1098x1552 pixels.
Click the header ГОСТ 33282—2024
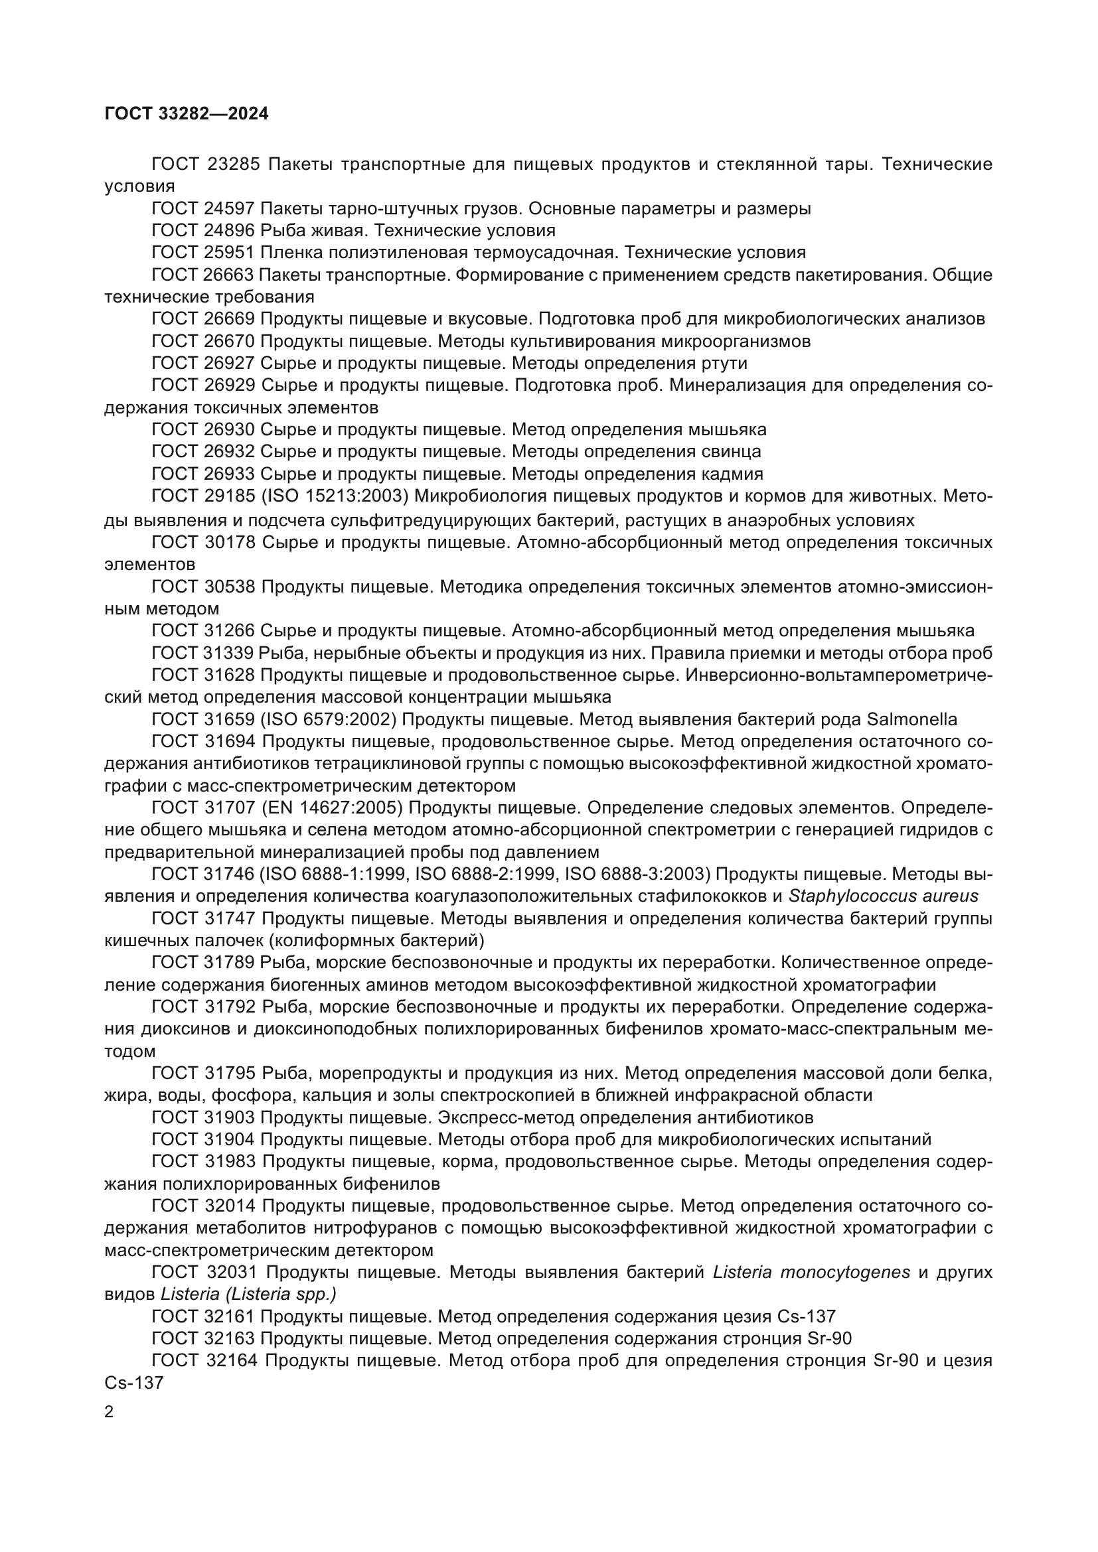(x=187, y=113)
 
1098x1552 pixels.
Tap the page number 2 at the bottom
(x=110, y=1413)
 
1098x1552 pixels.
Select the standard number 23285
(x=232, y=165)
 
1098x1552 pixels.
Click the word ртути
(x=725, y=364)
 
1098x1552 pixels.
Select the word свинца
(x=736, y=451)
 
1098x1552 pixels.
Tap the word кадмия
(x=736, y=473)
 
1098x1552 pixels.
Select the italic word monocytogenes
(x=844, y=1272)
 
